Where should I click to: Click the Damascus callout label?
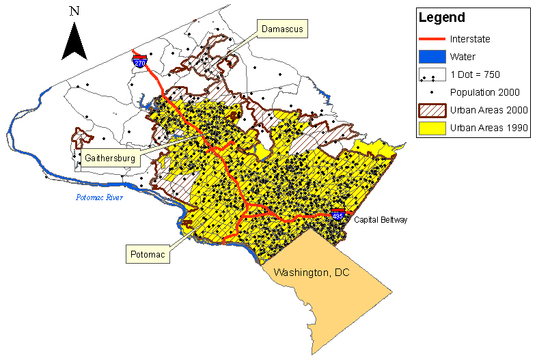coord(281,29)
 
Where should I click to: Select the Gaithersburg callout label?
coord(109,158)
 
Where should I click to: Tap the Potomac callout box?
coord(147,255)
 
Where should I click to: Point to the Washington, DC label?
coord(311,273)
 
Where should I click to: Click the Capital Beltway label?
coord(379,220)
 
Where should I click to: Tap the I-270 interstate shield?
coord(140,61)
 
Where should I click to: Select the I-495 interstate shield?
coord(338,214)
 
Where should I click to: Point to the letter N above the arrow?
coord(74,11)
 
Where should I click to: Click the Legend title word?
coord(442,18)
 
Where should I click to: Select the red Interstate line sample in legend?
coord(432,39)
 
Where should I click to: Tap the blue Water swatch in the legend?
coord(432,56)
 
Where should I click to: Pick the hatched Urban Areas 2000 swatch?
coord(432,110)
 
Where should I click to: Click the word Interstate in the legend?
coord(471,39)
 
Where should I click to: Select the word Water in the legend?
coord(463,56)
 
